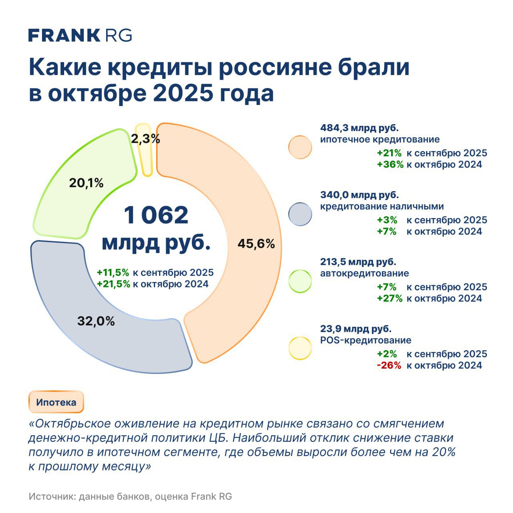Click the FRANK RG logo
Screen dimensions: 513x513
tap(80, 35)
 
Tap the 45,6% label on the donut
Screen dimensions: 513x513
tap(256, 244)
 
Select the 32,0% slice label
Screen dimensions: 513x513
tap(96, 321)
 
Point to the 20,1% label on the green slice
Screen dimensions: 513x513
tap(86, 183)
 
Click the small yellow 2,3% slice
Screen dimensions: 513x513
tap(144, 150)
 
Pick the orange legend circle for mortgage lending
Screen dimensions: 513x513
tap(300, 147)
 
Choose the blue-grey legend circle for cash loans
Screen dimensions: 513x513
tap(300, 214)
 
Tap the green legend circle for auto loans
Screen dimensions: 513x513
tap(300, 281)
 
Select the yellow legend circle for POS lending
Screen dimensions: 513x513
tap(300, 348)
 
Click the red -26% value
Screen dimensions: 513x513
tap(389, 365)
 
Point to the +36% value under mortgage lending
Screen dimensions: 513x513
tap(390, 164)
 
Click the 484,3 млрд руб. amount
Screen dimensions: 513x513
tap(360, 128)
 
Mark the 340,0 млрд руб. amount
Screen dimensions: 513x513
tap(360, 195)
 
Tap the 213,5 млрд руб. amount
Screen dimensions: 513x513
tap(358, 262)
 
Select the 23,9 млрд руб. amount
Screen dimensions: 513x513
tap(356, 329)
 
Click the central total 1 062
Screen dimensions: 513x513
tap(156, 215)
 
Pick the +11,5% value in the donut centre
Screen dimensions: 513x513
tap(113, 273)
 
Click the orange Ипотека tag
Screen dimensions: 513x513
tap(56, 402)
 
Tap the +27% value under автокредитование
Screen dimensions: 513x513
tap(390, 298)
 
